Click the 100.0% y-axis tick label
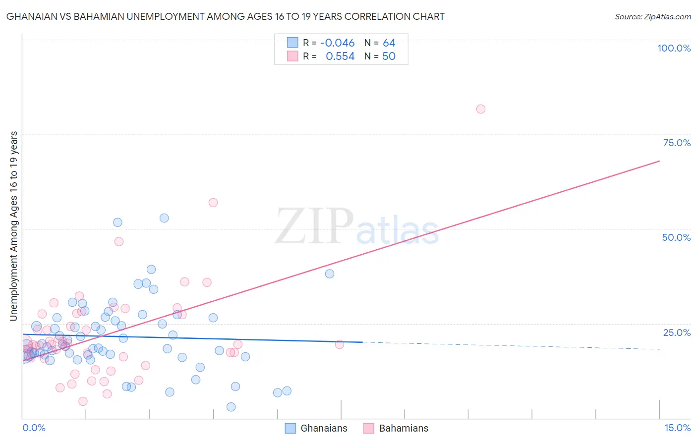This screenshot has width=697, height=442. point(674,48)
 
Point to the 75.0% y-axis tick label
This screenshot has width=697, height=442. point(677,143)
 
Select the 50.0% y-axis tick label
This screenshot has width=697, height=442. point(676,237)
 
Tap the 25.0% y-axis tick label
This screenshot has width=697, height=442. point(677,332)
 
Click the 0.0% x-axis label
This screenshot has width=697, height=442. point(34,428)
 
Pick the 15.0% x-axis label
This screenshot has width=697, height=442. point(677,428)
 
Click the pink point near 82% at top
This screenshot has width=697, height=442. point(480,109)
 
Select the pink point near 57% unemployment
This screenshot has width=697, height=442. point(213,202)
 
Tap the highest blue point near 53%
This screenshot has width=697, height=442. point(164,218)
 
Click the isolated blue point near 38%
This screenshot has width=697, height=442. point(330,274)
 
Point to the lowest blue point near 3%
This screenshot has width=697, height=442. point(231,407)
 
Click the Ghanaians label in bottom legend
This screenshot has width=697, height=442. point(324,428)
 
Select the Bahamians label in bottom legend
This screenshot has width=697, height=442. point(404,428)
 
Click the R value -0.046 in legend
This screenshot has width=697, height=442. point(338,43)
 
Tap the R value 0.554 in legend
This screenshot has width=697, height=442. point(340,56)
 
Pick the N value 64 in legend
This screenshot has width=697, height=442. point(389,43)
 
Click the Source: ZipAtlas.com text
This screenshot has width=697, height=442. point(652,16)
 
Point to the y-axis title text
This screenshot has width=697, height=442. point(14,225)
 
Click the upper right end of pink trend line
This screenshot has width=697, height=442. point(659,161)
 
